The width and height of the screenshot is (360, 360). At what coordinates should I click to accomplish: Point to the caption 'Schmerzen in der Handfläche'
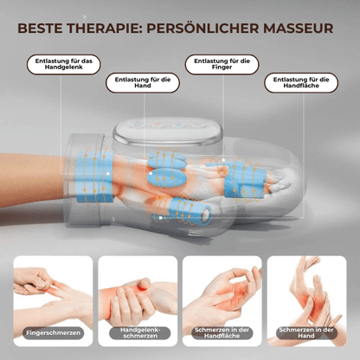(222, 333)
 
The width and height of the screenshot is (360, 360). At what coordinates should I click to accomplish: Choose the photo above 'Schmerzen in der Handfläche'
(222, 290)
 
